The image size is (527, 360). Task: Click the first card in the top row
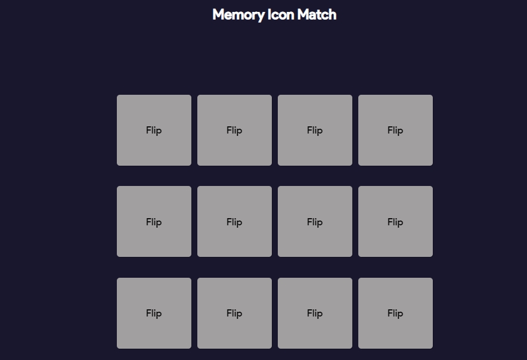pos(154,130)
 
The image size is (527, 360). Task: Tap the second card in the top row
pos(235,130)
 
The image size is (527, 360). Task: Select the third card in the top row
pos(315,130)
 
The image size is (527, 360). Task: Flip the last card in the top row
pos(396,130)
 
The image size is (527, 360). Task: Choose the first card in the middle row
pos(154,222)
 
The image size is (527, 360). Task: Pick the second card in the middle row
pos(235,222)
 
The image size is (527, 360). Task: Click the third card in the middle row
pos(315,222)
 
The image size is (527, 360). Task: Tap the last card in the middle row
pos(396,222)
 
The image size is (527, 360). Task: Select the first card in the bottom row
pos(154,314)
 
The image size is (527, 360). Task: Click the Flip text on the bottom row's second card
pos(234,314)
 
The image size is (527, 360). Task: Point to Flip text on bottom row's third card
pos(315,314)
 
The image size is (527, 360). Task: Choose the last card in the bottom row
pos(396,314)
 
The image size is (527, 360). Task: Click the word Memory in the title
pos(238,15)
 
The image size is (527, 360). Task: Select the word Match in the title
pos(317,15)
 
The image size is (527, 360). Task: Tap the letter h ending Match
pos(333,15)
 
